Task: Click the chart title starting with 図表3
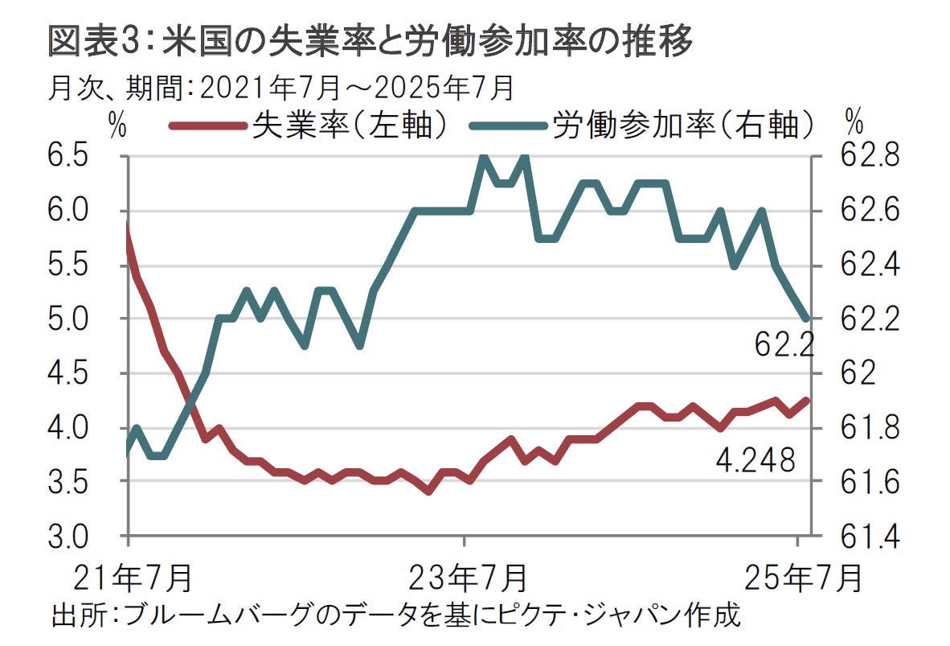370,43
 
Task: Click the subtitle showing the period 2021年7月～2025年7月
280,87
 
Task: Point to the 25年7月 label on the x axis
801,577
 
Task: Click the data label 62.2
784,346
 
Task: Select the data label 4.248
755,461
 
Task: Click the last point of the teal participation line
806,319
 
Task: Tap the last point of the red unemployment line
806,400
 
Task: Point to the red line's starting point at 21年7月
129,228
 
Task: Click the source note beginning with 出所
394,618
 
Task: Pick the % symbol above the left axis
118,125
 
